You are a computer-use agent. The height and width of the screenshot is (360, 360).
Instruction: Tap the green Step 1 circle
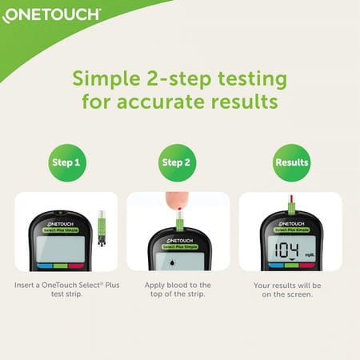[x=66, y=162]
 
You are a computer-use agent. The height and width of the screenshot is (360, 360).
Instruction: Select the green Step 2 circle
[x=178, y=162]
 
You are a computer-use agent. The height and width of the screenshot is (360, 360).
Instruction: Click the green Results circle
[x=291, y=162]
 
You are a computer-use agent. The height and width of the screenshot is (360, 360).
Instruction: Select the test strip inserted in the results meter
[x=291, y=206]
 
